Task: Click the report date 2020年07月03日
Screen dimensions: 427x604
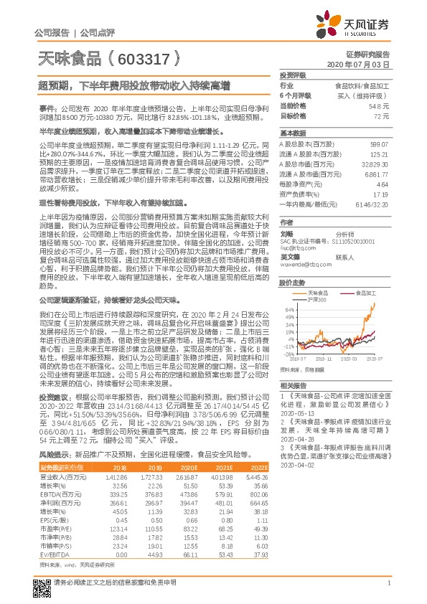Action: pyautogui.click(x=364, y=64)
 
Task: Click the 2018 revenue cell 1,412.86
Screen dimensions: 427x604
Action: pyautogui.click(x=116, y=475)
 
